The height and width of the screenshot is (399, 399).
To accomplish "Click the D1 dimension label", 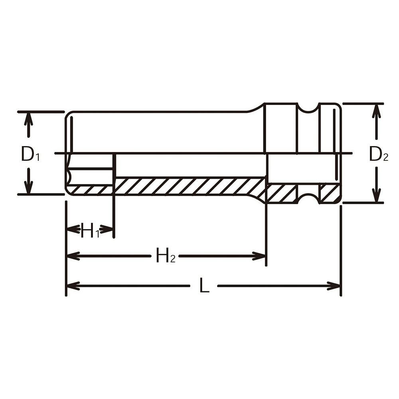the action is click(x=30, y=154).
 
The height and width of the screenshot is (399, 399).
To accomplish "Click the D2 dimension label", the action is click(x=378, y=154).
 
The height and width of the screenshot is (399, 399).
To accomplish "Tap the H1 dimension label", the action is click(x=90, y=230).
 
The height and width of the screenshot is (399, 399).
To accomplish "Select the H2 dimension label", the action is click(x=166, y=255).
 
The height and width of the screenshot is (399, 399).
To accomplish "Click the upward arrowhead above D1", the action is click(x=28, y=119).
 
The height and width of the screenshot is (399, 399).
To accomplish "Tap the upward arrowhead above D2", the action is click(x=376, y=111).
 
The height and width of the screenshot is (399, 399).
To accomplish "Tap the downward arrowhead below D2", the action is click(x=376, y=196).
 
